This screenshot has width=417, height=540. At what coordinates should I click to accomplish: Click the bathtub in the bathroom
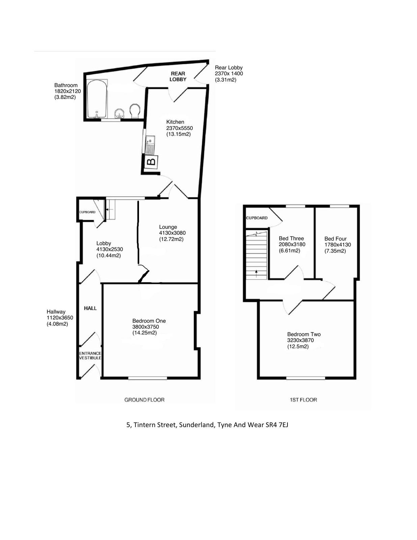click(97, 99)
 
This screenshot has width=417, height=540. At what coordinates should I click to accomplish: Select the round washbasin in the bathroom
click(119, 114)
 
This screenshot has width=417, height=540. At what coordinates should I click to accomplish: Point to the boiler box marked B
click(151, 162)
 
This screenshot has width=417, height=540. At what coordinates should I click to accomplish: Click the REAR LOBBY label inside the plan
click(178, 77)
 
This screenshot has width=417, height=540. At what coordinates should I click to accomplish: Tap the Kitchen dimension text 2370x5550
click(179, 128)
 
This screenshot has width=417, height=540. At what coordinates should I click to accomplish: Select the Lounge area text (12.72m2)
click(171, 239)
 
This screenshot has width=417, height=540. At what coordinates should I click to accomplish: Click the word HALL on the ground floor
click(90, 308)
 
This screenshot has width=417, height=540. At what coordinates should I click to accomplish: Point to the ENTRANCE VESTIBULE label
click(90, 356)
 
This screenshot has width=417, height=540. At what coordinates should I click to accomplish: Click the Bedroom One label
click(149, 321)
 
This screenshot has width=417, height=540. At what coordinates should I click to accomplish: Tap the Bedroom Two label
click(304, 334)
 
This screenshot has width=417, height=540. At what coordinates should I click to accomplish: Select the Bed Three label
click(291, 238)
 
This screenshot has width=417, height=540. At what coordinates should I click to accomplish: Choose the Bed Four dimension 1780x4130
click(337, 245)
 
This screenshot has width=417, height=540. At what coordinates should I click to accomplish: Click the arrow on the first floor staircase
click(256, 274)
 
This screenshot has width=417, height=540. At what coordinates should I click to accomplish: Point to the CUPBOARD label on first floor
click(257, 218)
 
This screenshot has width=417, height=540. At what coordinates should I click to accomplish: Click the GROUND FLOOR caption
click(144, 400)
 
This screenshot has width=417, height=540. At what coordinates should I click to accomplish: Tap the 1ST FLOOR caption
click(303, 400)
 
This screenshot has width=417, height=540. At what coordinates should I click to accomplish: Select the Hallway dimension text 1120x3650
click(60, 318)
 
